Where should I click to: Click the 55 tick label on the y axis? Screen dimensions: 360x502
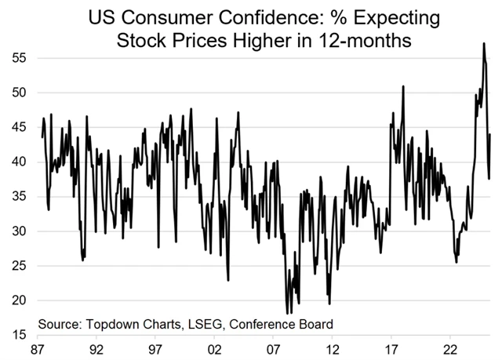(17, 59)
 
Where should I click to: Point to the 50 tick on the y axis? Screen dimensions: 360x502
(17, 93)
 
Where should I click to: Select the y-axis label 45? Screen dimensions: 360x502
(17, 128)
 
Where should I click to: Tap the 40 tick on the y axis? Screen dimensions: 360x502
(17, 162)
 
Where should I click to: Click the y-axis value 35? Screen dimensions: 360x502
(17, 197)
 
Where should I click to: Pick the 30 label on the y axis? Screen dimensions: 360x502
(17, 231)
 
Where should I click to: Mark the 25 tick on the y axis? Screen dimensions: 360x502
(17, 266)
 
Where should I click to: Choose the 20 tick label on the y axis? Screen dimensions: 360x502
(17, 300)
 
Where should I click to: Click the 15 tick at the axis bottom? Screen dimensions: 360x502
(17, 335)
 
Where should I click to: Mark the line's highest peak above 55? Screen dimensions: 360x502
(484, 44)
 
